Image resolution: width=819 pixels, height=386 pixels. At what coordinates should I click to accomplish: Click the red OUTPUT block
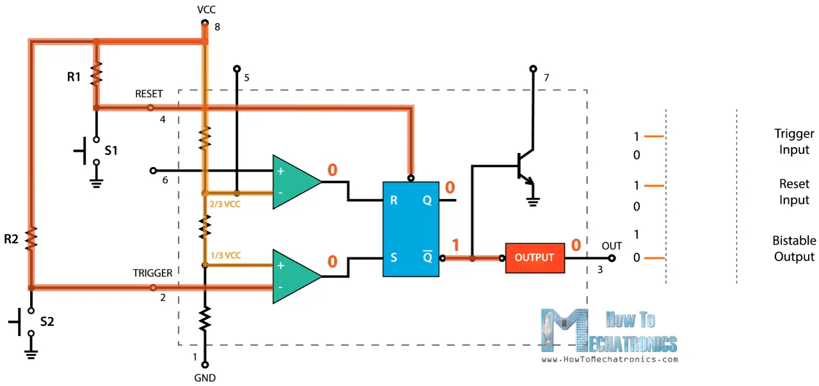[534, 258]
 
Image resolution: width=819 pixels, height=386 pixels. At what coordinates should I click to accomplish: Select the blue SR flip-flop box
[411, 229]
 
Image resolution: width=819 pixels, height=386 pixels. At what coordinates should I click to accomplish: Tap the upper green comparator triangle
[294, 182]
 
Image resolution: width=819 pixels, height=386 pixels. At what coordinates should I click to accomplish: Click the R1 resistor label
[74, 77]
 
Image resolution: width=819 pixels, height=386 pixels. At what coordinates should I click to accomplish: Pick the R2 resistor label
[12, 239]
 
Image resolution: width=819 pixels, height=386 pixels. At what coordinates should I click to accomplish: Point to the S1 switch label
[111, 151]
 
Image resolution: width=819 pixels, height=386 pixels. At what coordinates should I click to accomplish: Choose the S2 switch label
[47, 321]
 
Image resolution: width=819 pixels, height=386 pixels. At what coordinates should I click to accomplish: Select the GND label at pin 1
[205, 378]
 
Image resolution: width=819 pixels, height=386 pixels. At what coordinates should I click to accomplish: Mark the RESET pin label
[148, 93]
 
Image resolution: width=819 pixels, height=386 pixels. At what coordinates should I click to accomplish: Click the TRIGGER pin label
[152, 273]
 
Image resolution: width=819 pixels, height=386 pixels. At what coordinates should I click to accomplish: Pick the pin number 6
[165, 181]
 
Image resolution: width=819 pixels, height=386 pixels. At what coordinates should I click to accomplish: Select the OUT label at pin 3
[612, 246]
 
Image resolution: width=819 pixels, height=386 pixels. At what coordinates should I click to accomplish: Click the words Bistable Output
[794, 248]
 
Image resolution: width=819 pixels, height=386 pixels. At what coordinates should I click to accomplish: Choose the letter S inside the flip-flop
[394, 258]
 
